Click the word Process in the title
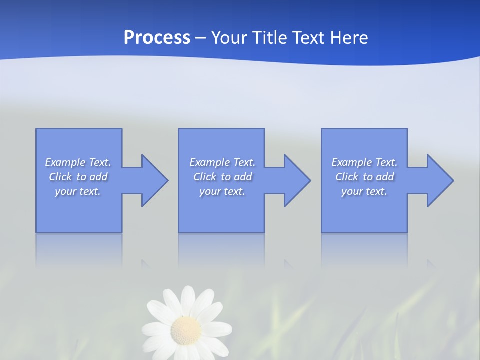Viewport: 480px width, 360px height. pyautogui.click(x=157, y=38)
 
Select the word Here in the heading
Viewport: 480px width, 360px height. pyautogui.click(x=348, y=38)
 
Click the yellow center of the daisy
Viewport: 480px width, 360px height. pyautogui.click(x=186, y=329)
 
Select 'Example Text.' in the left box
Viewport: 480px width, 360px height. pyautogui.click(x=78, y=162)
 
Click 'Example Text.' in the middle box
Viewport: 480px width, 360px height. pyautogui.click(x=222, y=162)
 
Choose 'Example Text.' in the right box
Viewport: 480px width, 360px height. pyautogui.click(x=364, y=162)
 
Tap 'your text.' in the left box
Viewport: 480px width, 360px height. pyautogui.click(x=78, y=191)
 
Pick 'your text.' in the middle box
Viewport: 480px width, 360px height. pyautogui.click(x=222, y=191)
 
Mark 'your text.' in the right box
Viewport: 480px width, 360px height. pyautogui.click(x=364, y=191)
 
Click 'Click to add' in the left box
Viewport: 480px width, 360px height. pyautogui.click(x=78, y=177)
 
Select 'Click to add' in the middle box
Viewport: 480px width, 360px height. pyautogui.click(x=222, y=177)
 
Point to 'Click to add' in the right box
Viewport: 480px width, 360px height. pyautogui.click(x=364, y=177)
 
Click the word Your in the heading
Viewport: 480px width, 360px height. pyautogui.click(x=227, y=38)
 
